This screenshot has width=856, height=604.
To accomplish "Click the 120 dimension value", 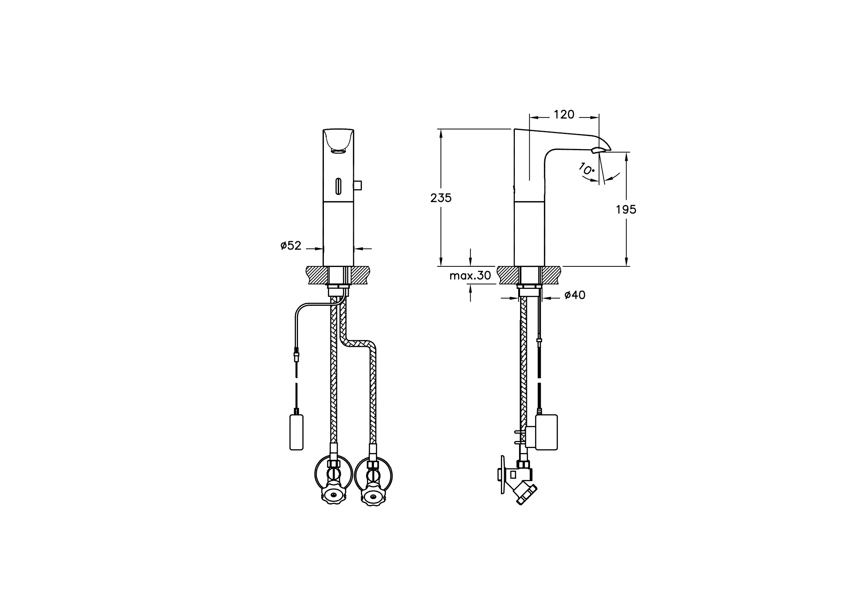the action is tap(564, 114).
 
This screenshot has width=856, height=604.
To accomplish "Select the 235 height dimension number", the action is tap(441, 198).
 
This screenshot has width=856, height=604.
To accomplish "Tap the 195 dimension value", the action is tap(626, 210).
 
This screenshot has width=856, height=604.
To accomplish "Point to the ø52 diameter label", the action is tap(291, 245).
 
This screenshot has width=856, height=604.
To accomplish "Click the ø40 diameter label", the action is tap(575, 295).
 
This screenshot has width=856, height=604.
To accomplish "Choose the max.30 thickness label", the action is tap(470, 276).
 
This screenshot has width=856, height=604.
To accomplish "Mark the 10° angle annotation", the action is tap(586, 169).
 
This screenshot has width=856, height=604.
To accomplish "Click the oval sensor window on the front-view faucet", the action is tap(338, 186).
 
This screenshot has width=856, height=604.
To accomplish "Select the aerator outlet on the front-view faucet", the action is tap(338, 150).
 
